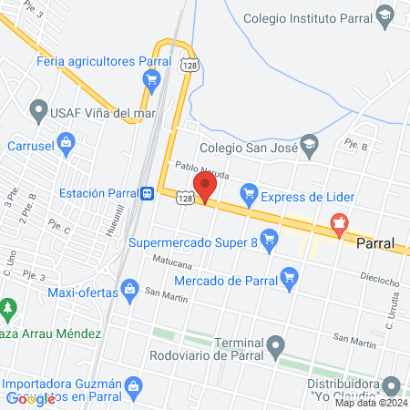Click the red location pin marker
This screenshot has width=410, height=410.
point(205,185)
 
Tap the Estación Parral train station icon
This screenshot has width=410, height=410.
point(146,193)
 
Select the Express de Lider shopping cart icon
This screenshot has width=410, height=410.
point(247,194)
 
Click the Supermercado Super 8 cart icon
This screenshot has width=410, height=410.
point(268,241)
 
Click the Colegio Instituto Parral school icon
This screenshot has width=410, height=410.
point(386,15)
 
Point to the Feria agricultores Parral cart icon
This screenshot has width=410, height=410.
point(151,79)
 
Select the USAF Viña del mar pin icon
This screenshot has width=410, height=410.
point(38,113)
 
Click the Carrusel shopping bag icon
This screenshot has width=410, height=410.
point(66,142)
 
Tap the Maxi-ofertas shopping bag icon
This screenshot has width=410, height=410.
point(130,291)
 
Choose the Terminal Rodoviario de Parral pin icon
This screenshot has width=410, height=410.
point(274,344)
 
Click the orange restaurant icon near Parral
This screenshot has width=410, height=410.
point(339,222)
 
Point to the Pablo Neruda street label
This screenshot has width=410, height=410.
point(200,168)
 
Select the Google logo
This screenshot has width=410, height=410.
point(31,398)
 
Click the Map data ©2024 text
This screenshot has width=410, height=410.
point(372,403)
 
